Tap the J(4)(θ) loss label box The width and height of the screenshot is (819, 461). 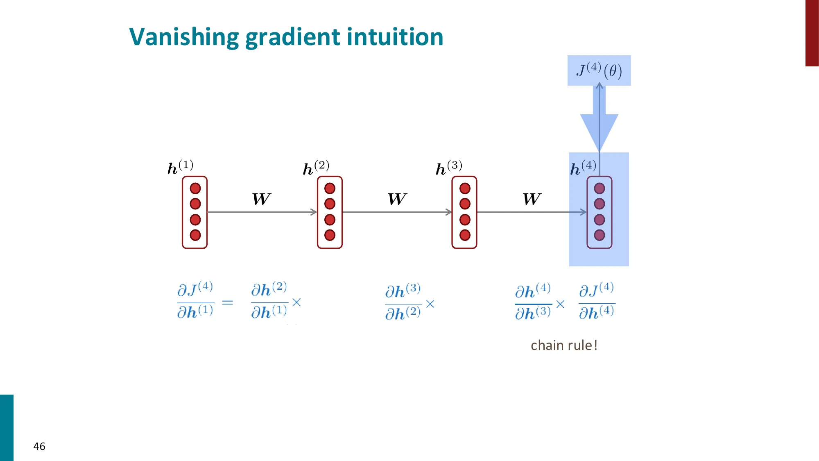coord(599,70)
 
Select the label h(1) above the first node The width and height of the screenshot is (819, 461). coord(180,167)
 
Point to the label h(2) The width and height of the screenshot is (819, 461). coord(316,168)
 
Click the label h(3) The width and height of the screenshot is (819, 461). coord(449,168)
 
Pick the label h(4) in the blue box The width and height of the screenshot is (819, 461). coord(583,168)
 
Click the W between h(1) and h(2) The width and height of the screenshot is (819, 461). coord(261,199)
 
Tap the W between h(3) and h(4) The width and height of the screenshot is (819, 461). coord(532,199)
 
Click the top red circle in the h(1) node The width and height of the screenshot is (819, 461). coord(195,188)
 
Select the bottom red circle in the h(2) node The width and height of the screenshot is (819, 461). coord(330,235)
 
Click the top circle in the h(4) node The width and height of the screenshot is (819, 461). coord(600,188)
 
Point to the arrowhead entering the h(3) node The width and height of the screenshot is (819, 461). coord(449,212)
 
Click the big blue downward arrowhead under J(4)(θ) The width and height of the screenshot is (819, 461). coord(599,131)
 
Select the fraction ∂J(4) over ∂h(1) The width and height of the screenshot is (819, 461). coord(195,301)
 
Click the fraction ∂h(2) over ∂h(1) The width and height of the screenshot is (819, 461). coord(269,301)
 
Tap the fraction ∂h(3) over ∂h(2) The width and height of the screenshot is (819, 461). coord(403,302)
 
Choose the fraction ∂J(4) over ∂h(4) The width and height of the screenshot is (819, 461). coord(596,301)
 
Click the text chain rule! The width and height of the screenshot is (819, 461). coord(564,345)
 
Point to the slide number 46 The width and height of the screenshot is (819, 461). coord(39,446)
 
